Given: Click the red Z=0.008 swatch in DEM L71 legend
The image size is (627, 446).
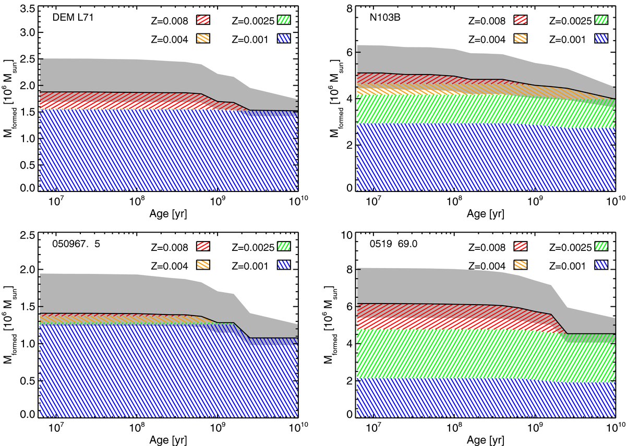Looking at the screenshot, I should click(205, 21).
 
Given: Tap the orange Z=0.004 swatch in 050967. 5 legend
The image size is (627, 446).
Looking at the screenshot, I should click(205, 264).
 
